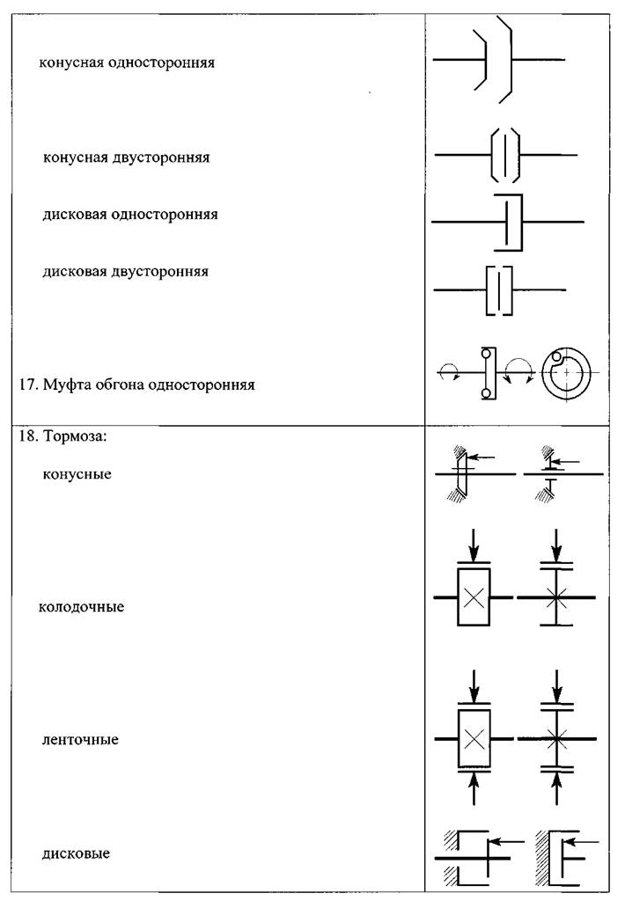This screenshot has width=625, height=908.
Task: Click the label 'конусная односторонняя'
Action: coord(127,62)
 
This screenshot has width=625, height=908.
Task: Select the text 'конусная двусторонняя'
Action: coord(126,157)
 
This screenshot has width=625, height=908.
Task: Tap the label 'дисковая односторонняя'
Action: coord(130,215)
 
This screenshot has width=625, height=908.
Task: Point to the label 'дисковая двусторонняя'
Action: coord(125,272)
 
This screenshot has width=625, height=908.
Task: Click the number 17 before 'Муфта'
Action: coord(28,384)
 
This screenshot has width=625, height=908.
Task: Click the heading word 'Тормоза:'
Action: coord(76,436)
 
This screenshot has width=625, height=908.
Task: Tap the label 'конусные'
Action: coord(77,475)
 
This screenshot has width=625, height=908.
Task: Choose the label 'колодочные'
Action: coord(81,607)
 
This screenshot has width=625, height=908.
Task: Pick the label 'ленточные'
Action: coord(80,740)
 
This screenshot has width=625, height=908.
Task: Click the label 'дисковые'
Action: coord(76,853)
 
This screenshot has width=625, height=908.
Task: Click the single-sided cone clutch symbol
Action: coord(499,60)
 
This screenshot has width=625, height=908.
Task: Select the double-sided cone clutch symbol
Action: coord(505,155)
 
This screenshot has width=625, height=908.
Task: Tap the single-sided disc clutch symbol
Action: coord(508,222)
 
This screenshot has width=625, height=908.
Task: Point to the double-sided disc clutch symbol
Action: coord(499,289)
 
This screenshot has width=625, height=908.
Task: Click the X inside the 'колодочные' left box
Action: coord(474,597)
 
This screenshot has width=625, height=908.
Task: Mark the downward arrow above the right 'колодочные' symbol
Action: coord(556,545)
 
